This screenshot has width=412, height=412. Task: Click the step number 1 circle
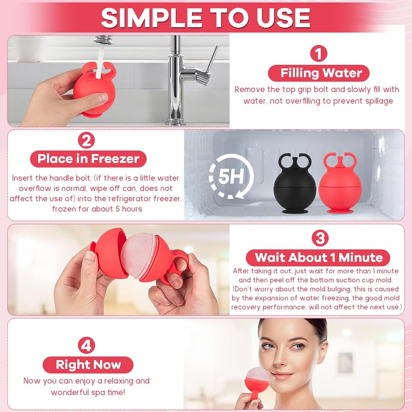click(x=318, y=54)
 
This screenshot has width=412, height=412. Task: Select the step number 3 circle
click(x=320, y=238)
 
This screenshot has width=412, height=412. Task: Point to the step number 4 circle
click(x=86, y=345)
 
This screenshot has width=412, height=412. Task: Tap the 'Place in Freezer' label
click(x=88, y=159)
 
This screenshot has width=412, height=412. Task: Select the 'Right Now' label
click(x=88, y=365)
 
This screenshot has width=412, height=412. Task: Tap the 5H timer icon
click(x=231, y=176)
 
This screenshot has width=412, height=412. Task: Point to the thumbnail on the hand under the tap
click(x=103, y=98)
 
